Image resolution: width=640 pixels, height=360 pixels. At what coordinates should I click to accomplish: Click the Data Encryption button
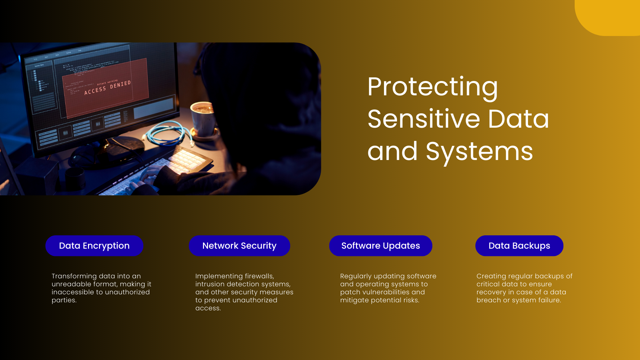[94, 246]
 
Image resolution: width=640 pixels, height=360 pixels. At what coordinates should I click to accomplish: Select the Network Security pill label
[239, 246]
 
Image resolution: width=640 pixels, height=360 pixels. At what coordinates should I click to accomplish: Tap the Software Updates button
[380, 246]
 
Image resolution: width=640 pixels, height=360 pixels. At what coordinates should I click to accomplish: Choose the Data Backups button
[519, 246]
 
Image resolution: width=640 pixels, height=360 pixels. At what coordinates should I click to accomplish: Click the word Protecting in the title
[432, 87]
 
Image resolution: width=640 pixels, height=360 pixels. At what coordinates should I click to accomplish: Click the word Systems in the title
[479, 151]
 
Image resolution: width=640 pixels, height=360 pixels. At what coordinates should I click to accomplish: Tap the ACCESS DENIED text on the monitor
[107, 88]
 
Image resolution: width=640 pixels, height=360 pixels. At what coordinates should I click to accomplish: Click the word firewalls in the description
[259, 276]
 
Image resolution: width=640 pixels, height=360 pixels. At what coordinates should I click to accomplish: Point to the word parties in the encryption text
[64, 300]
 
